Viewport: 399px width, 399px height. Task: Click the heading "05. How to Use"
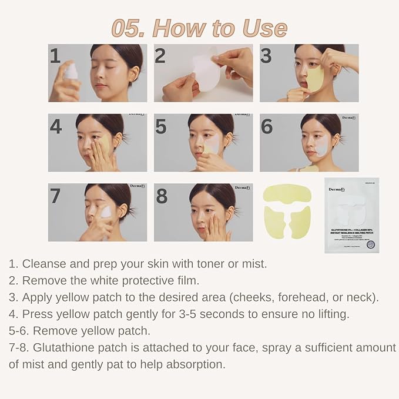pyautogui.click(x=199, y=28)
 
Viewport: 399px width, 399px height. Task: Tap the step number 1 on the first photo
pyautogui.click(x=55, y=56)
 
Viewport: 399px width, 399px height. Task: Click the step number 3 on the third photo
pyautogui.click(x=266, y=56)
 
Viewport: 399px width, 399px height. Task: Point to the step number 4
pyautogui.click(x=56, y=126)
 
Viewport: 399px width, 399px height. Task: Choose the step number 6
pyautogui.click(x=267, y=126)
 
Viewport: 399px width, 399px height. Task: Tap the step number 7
pyautogui.click(x=55, y=196)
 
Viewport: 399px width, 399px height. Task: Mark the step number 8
pyautogui.click(x=162, y=196)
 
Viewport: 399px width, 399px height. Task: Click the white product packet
pyautogui.click(x=351, y=214)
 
